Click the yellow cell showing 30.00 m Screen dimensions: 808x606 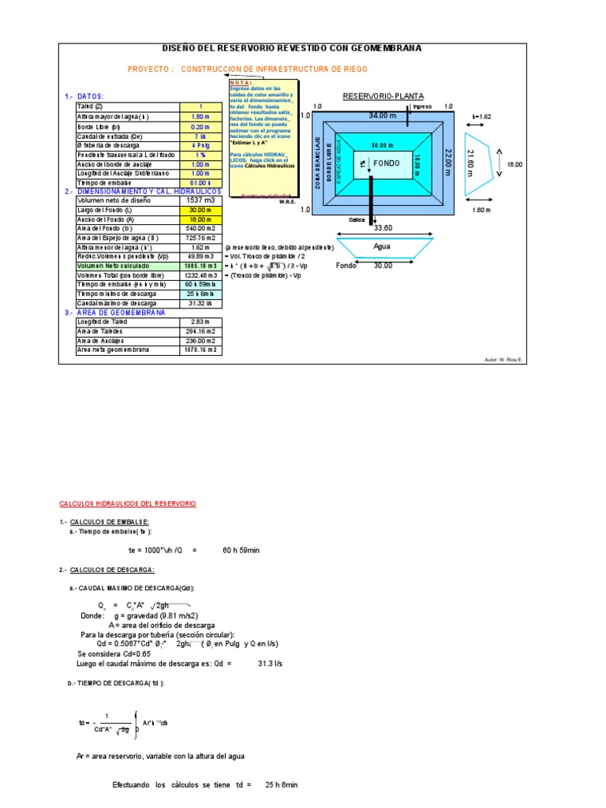[201, 211]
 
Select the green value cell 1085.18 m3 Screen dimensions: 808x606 [201, 267]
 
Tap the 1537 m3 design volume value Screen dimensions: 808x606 [200, 200]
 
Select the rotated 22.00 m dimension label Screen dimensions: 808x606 [447, 162]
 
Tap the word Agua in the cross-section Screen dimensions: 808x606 [382, 246]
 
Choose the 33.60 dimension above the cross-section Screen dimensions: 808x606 [383, 229]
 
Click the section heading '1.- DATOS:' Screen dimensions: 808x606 [84, 96]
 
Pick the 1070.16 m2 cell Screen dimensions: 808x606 [201, 350]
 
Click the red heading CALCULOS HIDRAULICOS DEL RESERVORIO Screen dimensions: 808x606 [128, 503]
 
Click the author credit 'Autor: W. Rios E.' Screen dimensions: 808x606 [504, 359]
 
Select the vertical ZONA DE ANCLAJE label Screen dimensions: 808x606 [320, 162]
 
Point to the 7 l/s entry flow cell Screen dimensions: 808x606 [200, 137]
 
